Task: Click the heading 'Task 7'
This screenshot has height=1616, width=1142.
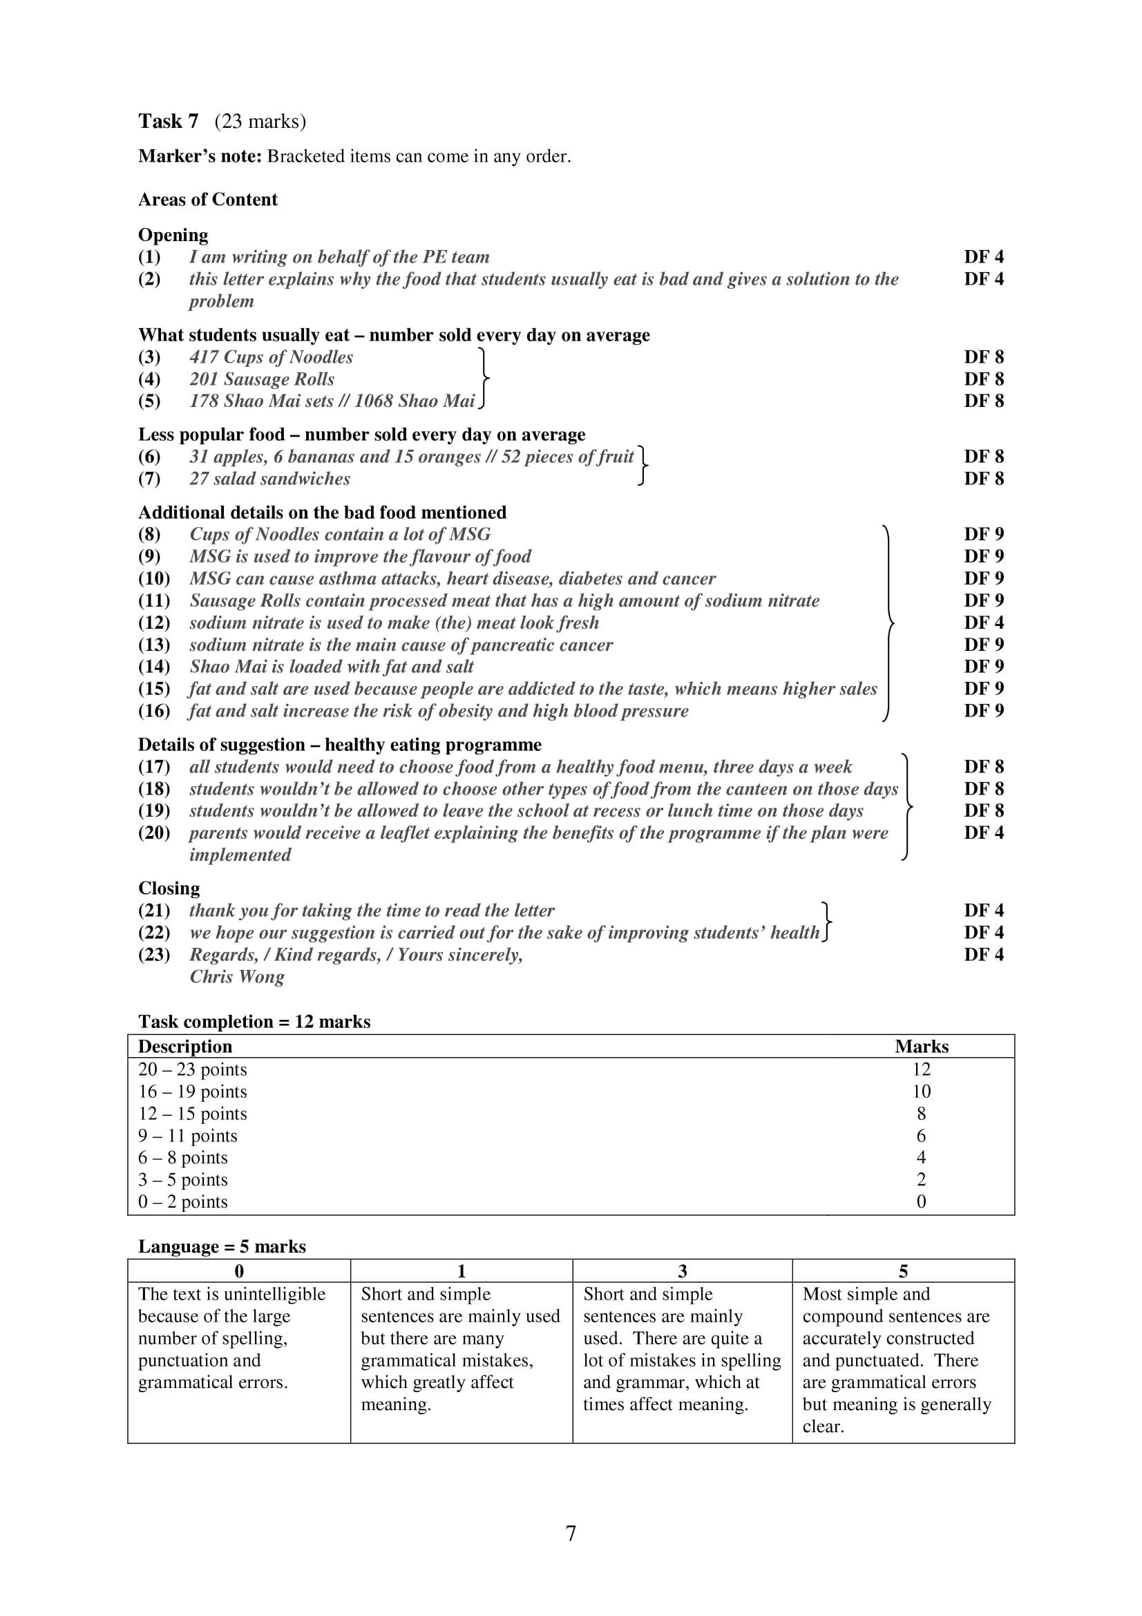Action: pyautogui.click(x=168, y=121)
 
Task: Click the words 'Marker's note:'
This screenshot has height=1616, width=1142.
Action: pyautogui.click(x=199, y=156)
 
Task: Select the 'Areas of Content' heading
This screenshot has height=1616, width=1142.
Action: pyautogui.click(x=207, y=200)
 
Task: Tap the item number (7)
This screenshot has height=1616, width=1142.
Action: pyautogui.click(x=149, y=479)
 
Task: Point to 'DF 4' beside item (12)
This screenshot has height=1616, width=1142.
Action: pyautogui.click(x=983, y=623)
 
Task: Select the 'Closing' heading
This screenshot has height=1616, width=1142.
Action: pyautogui.click(x=169, y=888)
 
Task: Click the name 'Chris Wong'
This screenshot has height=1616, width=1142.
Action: pyautogui.click(x=237, y=977)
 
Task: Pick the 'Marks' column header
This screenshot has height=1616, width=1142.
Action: pyautogui.click(x=921, y=1047)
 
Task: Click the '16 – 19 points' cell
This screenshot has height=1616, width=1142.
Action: pyautogui.click(x=193, y=1092)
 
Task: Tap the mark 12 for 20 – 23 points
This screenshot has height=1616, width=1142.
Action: pyautogui.click(x=921, y=1070)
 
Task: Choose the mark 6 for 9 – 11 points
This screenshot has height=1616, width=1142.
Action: pyautogui.click(x=921, y=1136)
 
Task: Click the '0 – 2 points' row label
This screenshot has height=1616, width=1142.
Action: pyautogui.click(x=183, y=1202)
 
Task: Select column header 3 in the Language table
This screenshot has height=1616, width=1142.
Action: pyautogui.click(x=682, y=1271)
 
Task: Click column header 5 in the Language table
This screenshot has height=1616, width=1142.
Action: pyautogui.click(x=904, y=1271)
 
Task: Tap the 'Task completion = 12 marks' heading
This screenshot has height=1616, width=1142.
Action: pyautogui.click(x=254, y=1022)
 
